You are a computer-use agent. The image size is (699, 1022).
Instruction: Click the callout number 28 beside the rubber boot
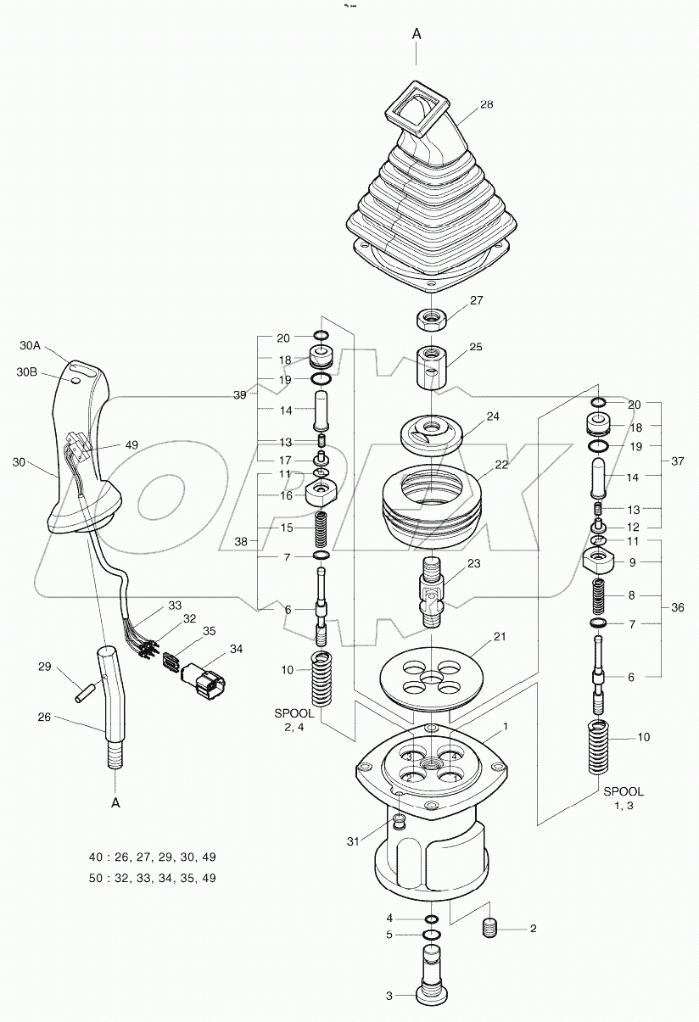coord(486,104)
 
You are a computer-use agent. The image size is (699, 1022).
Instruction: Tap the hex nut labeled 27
coord(429,319)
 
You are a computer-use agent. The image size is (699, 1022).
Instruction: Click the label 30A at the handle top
coord(30,345)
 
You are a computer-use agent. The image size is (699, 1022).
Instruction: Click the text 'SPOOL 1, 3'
coord(624,798)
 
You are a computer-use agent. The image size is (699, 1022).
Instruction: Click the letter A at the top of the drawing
coord(417,34)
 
